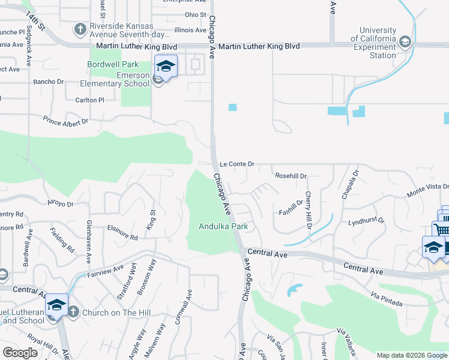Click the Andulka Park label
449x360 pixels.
tap(223, 226)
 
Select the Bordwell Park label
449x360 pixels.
tap(113, 64)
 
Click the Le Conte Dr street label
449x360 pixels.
tap(237, 163)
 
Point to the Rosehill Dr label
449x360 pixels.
tap(291, 176)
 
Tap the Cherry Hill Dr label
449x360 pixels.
tap(308, 210)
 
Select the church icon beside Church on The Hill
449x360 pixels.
tap(73, 311)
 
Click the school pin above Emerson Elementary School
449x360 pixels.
tap(165, 66)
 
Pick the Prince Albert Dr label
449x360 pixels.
tap(65, 121)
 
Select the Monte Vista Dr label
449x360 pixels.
tap(427, 190)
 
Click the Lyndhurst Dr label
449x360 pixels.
tap(366, 221)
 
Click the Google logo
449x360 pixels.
tap(20, 353)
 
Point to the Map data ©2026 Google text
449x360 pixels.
tap(411, 355)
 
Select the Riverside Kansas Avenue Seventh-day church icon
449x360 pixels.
tap(80, 29)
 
